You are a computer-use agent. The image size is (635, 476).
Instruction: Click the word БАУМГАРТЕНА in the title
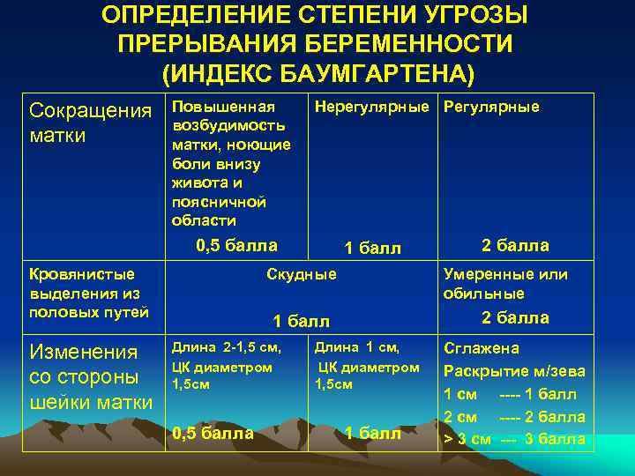379,71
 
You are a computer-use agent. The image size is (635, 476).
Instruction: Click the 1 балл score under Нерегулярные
372,249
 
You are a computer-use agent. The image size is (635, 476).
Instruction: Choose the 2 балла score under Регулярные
515,246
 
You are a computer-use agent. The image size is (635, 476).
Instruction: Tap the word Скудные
302,274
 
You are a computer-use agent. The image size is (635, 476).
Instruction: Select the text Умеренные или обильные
505,284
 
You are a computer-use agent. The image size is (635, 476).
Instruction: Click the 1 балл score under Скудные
302,321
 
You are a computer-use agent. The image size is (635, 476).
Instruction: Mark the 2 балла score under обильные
515,318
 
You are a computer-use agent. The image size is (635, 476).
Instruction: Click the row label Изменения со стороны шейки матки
91,376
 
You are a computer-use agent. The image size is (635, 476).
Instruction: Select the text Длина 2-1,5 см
225,347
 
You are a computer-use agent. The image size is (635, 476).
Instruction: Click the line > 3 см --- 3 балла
514,439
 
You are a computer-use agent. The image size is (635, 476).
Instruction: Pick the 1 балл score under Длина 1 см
372,433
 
